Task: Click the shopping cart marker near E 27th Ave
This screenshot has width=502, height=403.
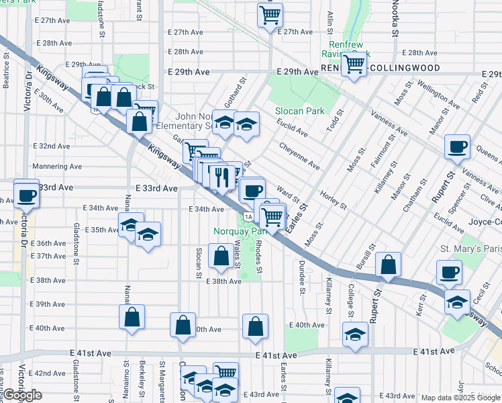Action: pyautogui.click(x=270, y=14)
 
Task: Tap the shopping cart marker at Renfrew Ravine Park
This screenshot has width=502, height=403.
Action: pyautogui.click(x=354, y=64)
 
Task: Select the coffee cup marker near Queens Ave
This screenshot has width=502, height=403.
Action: pyautogui.click(x=458, y=146)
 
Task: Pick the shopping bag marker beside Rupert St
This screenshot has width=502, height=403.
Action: pyautogui.click(x=388, y=265)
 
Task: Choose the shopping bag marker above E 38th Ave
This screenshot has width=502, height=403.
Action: pyautogui.click(x=221, y=256)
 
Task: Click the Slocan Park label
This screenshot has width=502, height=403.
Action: pyautogui.click(x=299, y=111)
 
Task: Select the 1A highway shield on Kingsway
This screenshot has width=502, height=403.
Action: pyautogui.click(x=248, y=216)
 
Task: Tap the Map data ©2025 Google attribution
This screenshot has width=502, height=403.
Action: pyautogui.click(x=459, y=398)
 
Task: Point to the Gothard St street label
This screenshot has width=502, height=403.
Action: pyautogui.click(x=240, y=89)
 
